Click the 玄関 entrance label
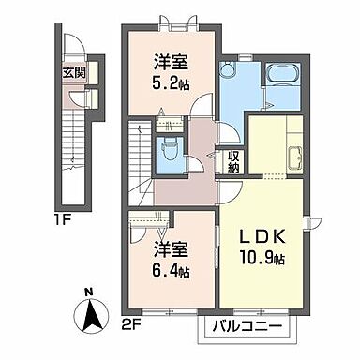(x=74, y=73)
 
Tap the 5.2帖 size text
(x=172, y=83)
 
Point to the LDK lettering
(x=262, y=237)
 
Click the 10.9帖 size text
(x=262, y=258)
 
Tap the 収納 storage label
(x=233, y=162)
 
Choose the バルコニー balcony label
(x=247, y=328)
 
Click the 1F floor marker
(x=64, y=221)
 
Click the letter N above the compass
(x=89, y=292)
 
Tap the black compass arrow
(x=91, y=314)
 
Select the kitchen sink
(x=294, y=157)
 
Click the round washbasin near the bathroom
(x=226, y=67)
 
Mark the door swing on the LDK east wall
(x=314, y=223)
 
